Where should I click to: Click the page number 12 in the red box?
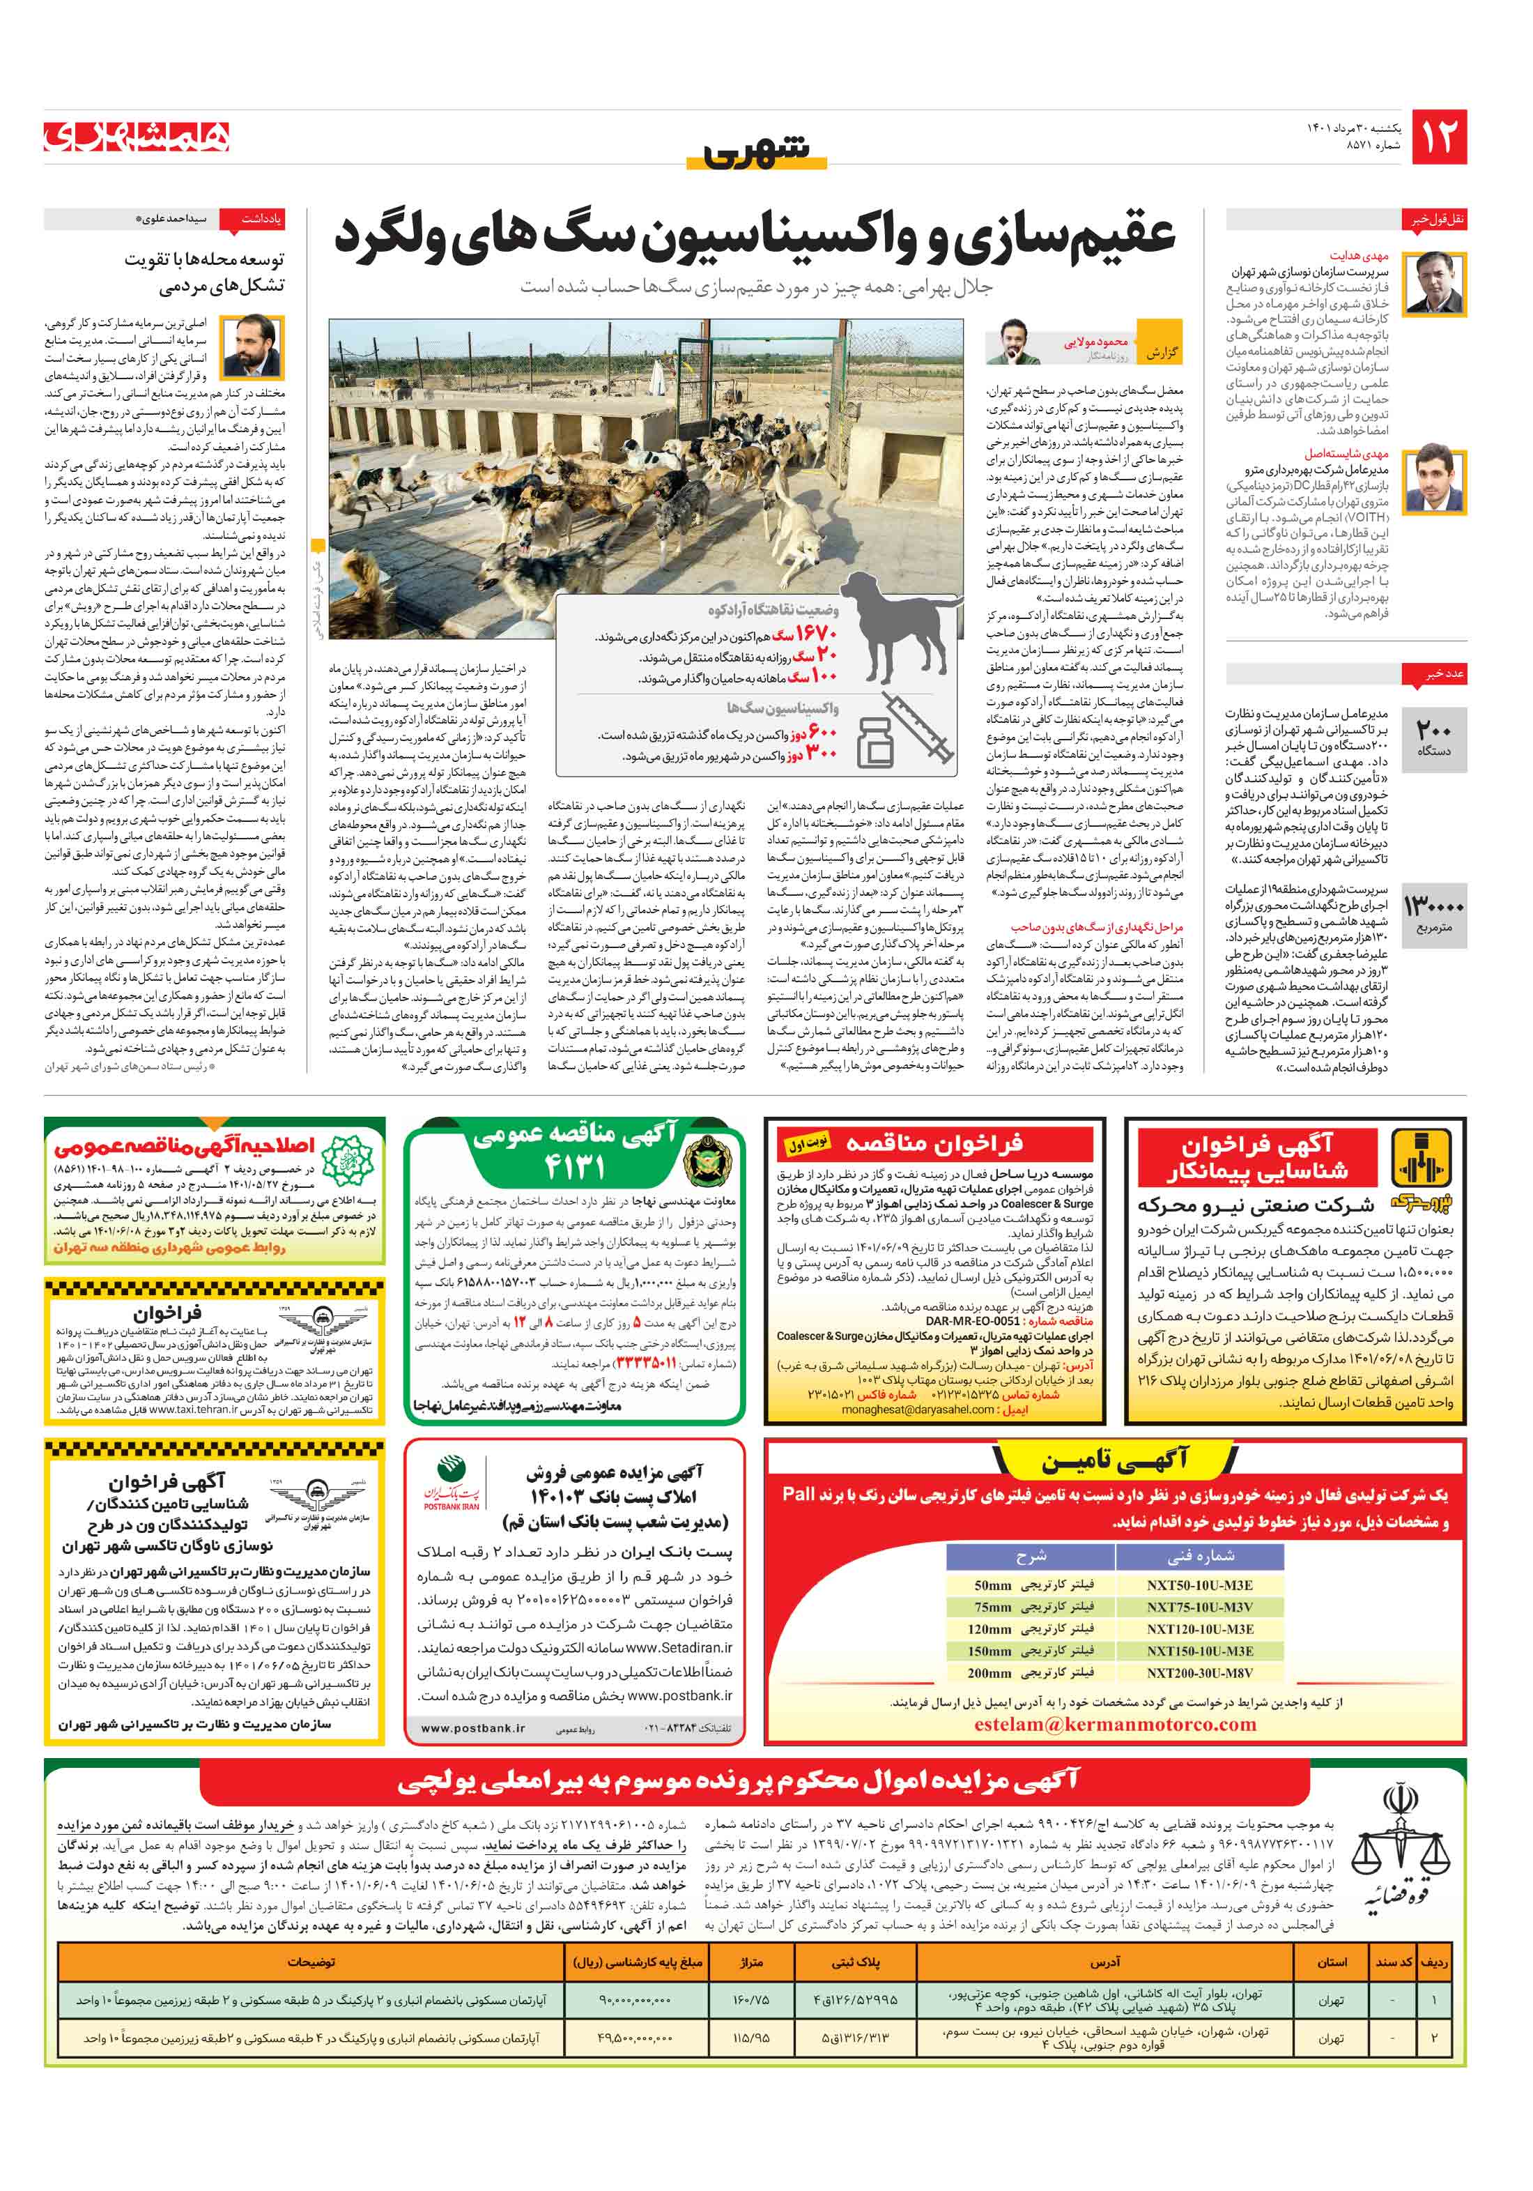pos(1438,137)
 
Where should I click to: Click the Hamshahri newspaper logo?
pos(137,137)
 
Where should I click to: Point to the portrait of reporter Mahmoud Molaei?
pos(1010,342)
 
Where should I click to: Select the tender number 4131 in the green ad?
pos(574,1166)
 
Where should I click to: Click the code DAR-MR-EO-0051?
pos(972,1321)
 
